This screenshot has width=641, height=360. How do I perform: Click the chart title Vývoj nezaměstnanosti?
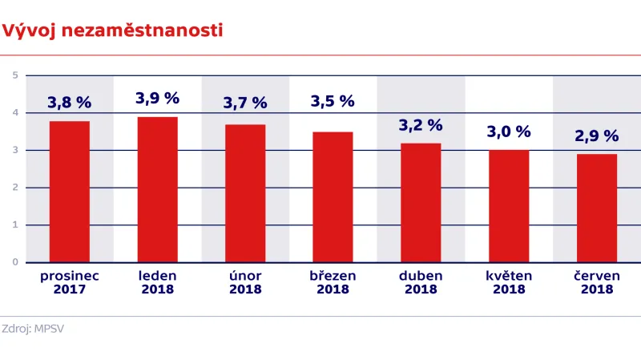[112, 31]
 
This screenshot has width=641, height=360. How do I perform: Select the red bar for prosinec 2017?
[70, 192]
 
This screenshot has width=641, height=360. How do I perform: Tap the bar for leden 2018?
[158, 189]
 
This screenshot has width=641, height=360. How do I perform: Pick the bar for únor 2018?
[245, 193]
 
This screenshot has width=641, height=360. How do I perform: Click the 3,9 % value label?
[158, 99]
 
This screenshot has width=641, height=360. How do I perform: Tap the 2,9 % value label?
[597, 136]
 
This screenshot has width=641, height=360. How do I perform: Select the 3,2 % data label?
[421, 125]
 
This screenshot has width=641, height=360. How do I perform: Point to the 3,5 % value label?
[333, 101]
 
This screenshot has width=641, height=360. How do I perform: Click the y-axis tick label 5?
[15, 75]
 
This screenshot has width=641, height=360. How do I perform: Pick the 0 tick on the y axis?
[15, 262]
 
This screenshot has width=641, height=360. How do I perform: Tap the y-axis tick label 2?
[15, 188]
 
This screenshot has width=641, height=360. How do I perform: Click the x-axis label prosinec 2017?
[70, 282]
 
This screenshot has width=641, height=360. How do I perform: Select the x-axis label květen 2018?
[509, 282]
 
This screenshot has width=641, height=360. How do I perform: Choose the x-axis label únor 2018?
[245, 282]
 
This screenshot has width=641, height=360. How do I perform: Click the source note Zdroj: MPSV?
[33, 329]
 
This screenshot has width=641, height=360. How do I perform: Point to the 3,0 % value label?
[509, 131]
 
